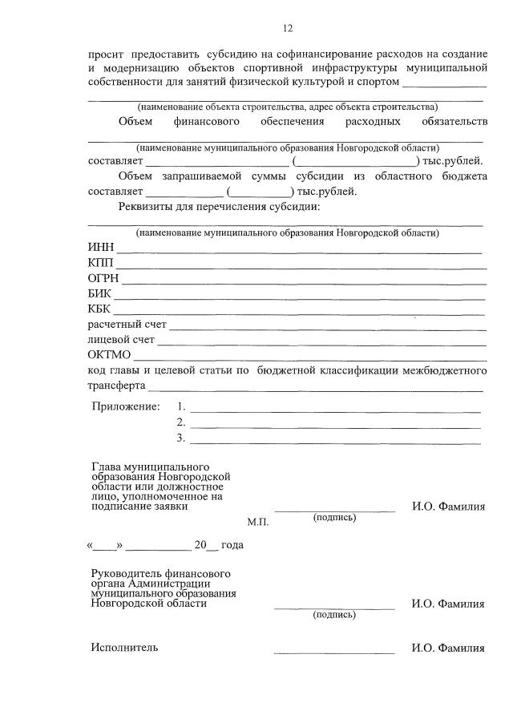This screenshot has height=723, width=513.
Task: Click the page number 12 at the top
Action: coord(287,29)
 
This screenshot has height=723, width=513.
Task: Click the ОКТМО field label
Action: coord(109,355)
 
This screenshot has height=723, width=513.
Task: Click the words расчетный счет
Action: coord(127,325)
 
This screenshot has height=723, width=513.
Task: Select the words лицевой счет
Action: coord(121,340)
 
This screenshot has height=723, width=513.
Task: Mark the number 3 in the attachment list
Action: coord(181,438)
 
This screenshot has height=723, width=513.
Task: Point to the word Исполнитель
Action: coord(124,648)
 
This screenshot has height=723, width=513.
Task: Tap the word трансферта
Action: coord(115,385)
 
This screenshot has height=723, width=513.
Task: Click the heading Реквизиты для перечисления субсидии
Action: coord(219,207)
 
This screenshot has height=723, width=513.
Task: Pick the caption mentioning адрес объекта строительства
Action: coord(287,107)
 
